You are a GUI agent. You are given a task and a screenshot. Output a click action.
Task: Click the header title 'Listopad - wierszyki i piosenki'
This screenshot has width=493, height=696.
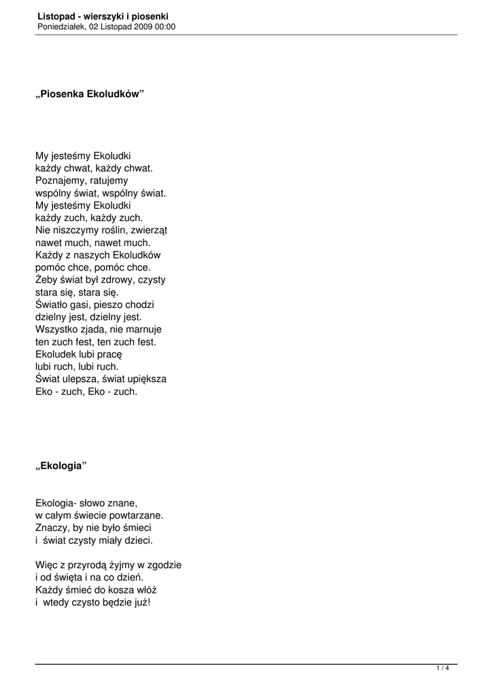coord(103,16)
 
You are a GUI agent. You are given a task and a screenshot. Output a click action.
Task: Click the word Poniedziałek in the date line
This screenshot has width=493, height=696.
coord(61,27)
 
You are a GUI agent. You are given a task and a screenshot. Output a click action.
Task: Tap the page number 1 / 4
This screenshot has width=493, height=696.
coord(443,669)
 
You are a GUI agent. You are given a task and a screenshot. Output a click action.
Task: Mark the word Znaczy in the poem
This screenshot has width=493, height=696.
coord(51,528)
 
